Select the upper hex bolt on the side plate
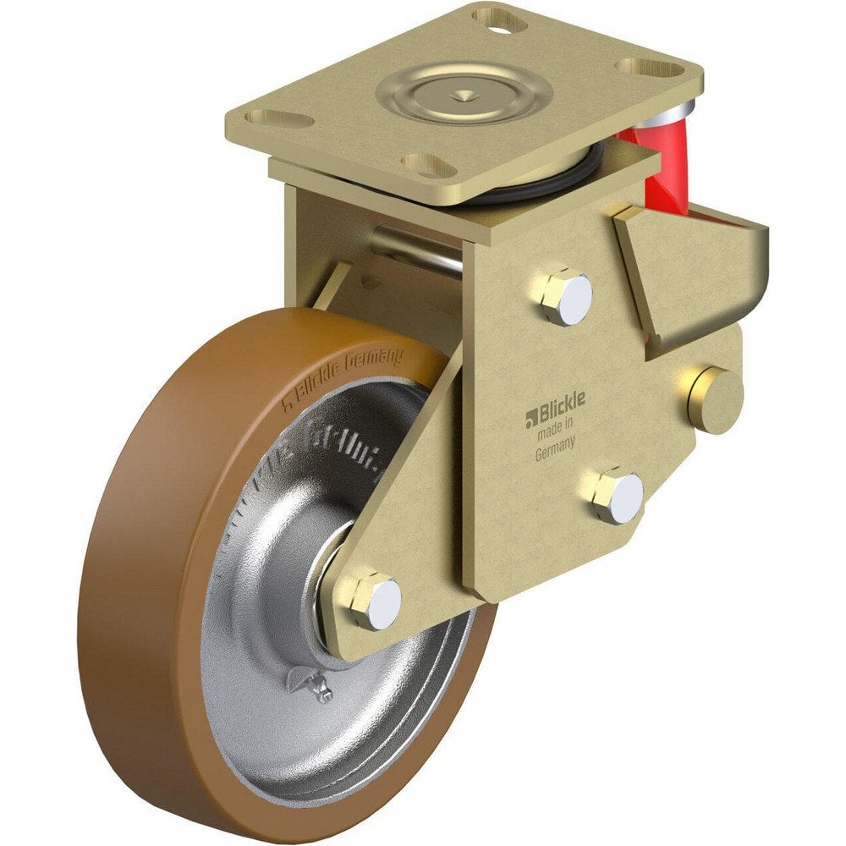(563, 297)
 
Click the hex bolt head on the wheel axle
(375, 601)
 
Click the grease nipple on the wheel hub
(320, 688)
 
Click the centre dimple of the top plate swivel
(464, 96)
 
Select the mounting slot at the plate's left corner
(277, 118)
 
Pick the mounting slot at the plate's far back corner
(498, 16)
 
